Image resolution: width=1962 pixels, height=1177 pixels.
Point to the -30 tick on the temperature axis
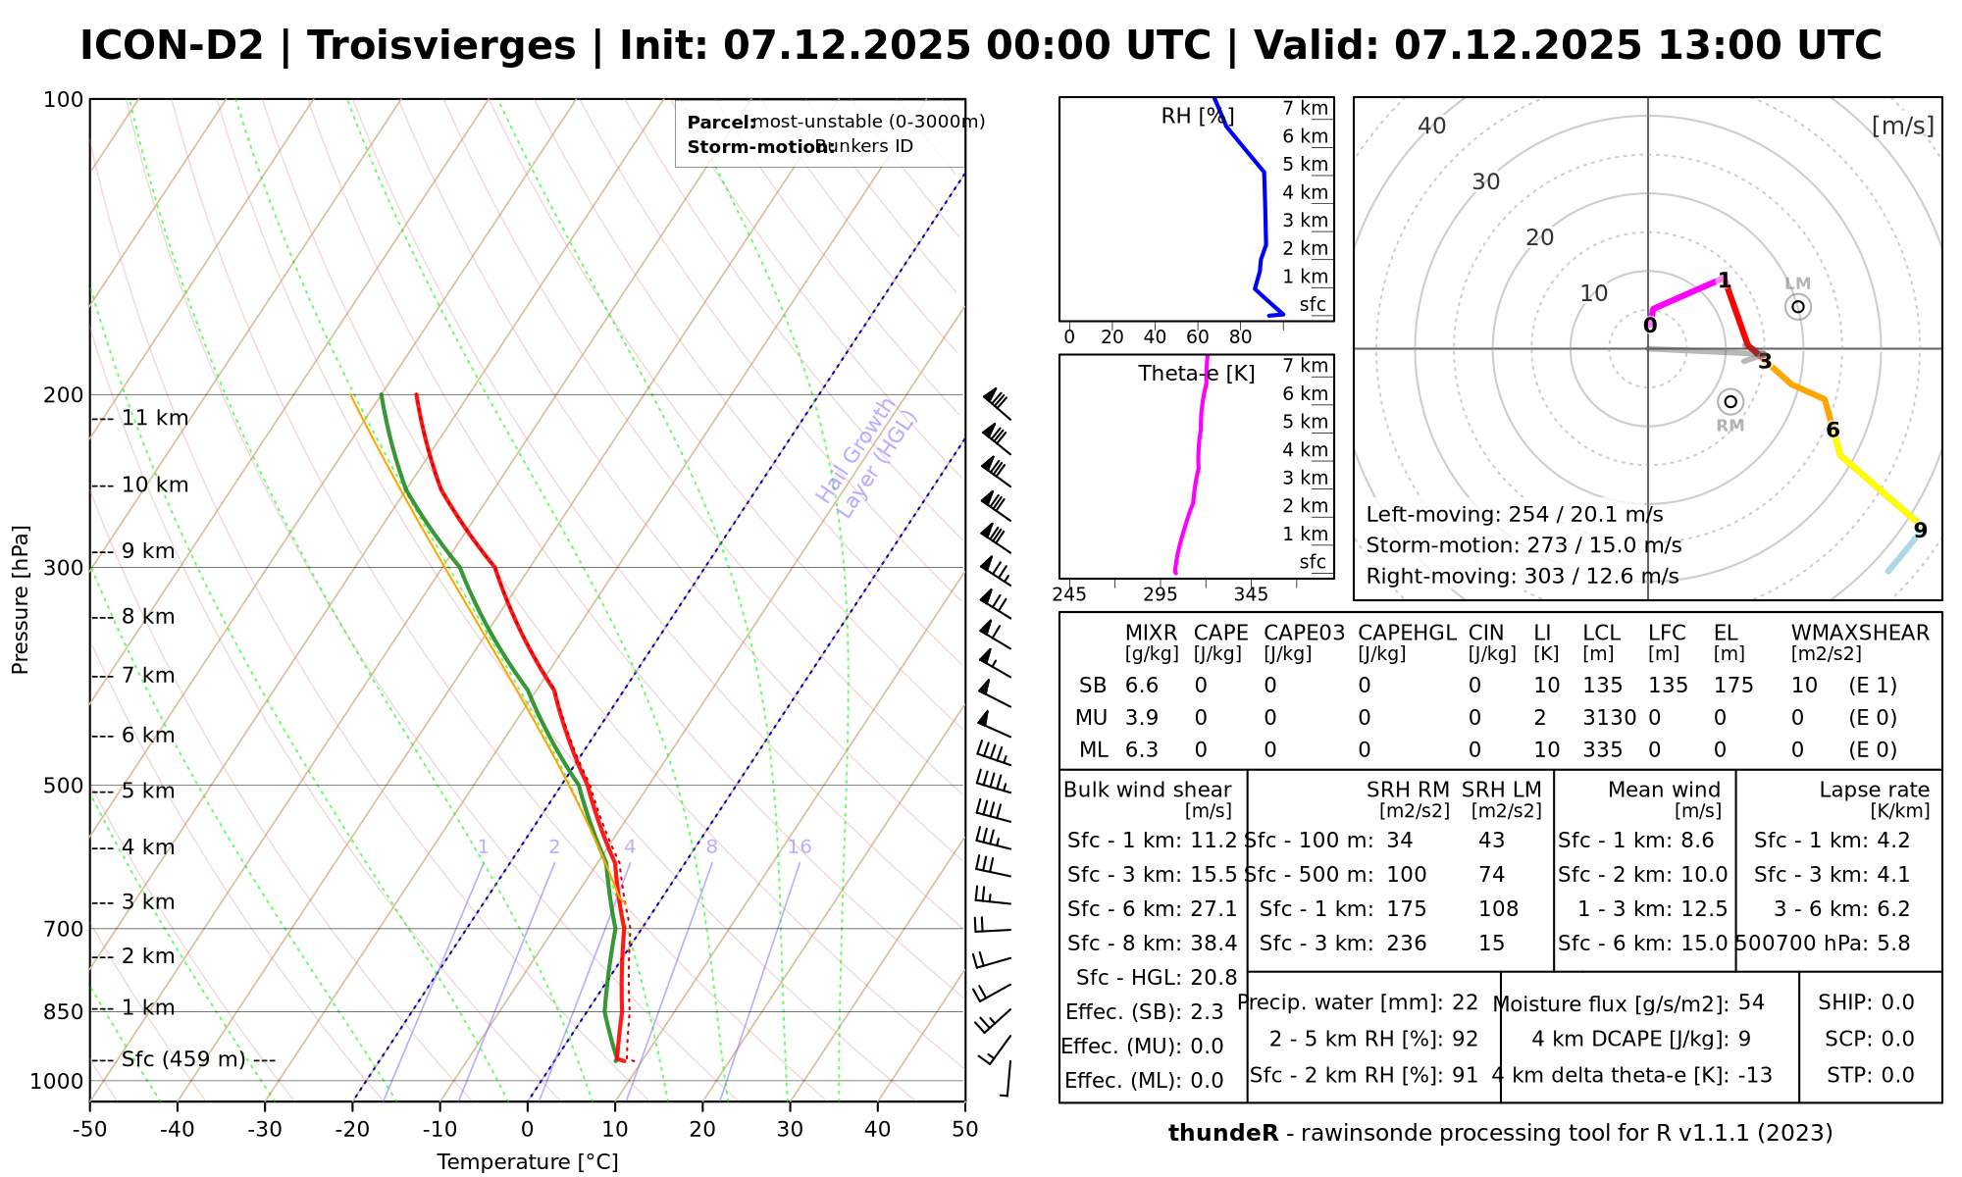(x=265, y=1129)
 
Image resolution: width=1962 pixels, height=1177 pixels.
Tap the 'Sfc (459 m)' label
(x=183, y=1059)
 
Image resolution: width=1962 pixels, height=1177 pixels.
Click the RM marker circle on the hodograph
(x=1730, y=401)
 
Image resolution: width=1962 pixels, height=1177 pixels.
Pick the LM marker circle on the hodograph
(x=1798, y=307)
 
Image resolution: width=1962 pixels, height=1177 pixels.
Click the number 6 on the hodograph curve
(x=1833, y=431)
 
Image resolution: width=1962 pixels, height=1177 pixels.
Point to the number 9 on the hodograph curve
(x=1920, y=531)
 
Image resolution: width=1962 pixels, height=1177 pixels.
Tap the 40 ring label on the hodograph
(x=1432, y=126)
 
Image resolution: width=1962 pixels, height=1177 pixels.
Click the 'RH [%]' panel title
(x=1197, y=117)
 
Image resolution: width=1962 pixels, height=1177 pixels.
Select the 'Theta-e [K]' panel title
(x=1197, y=374)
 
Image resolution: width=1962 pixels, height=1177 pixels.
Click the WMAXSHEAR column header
(x=1860, y=633)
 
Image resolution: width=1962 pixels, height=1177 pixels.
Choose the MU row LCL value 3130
(x=1609, y=718)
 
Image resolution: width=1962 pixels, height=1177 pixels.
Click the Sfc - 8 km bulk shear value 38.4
(x=1213, y=944)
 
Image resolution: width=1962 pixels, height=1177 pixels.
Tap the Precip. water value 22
(x=1465, y=1002)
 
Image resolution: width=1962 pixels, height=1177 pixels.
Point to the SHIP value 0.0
(x=1897, y=1002)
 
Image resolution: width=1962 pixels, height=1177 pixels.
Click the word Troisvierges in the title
(x=441, y=46)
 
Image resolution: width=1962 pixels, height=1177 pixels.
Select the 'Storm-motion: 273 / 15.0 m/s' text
(x=1523, y=545)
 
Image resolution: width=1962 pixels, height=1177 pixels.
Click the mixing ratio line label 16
(x=800, y=847)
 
